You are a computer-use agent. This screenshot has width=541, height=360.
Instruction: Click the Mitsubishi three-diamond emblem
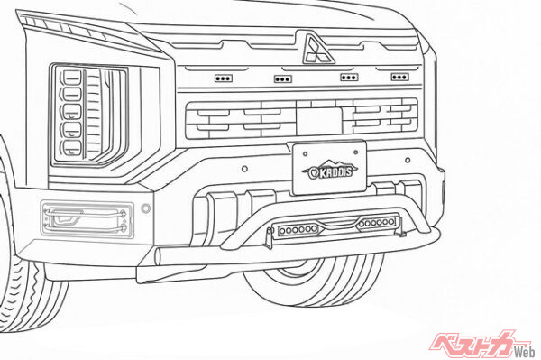click(316, 49)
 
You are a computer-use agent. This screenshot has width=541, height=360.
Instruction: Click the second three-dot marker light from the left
click(283, 78)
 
